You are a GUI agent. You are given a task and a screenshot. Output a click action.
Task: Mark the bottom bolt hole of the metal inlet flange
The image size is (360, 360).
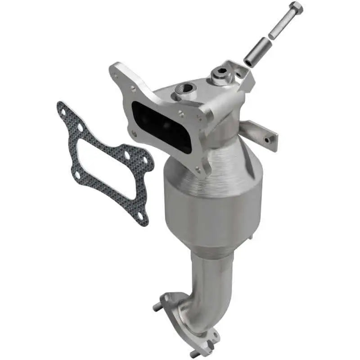coord(198,169)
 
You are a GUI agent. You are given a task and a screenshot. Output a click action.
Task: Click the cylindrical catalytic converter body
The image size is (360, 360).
coord(211,211)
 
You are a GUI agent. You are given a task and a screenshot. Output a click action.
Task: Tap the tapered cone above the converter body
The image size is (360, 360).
coord(225,162)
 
